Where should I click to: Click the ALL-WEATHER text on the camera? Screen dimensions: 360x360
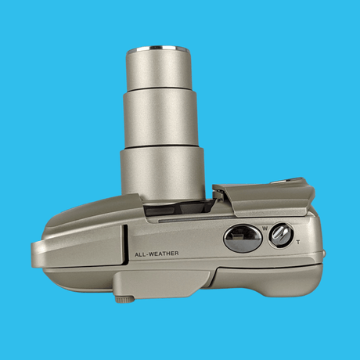tap(157, 254)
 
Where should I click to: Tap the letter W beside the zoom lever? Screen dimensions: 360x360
tap(265, 229)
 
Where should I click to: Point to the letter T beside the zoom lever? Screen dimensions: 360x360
tap(298, 243)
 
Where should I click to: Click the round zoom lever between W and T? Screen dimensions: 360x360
tap(281, 236)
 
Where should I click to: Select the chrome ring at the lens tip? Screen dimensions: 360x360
tap(159, 48)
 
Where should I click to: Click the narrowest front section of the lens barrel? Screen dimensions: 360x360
tap(159, 68)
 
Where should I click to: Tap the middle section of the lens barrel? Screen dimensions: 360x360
tap(160, 119)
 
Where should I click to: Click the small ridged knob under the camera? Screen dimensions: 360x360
tap(125, 300)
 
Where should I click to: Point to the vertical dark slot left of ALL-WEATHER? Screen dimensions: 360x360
tap(126, 244)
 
